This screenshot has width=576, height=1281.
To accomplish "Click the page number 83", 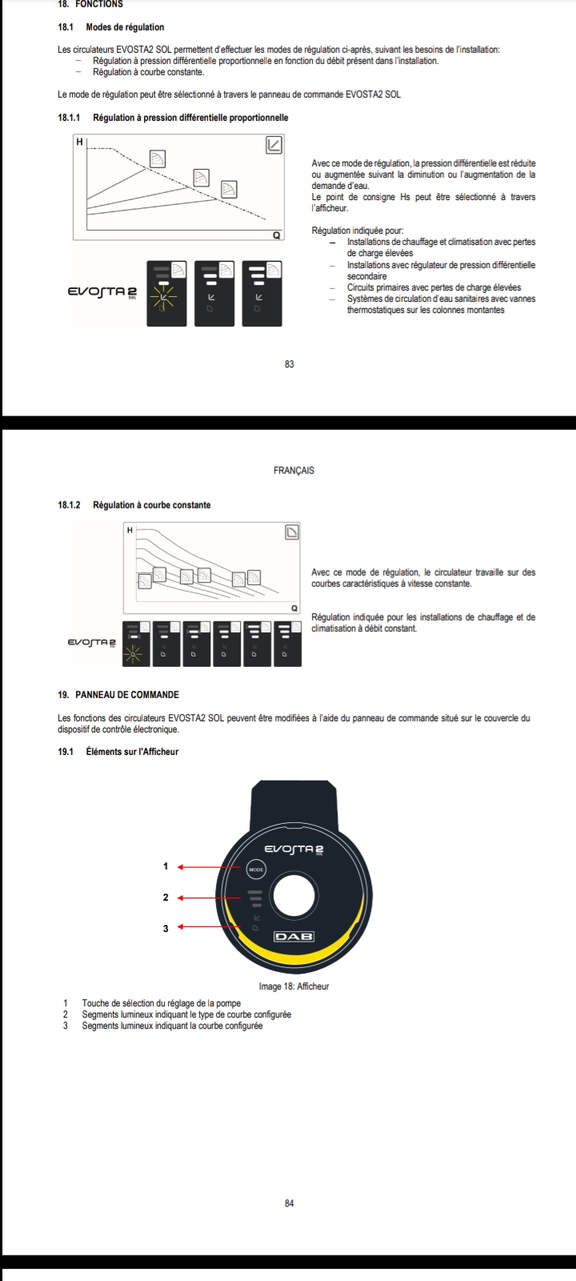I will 290,364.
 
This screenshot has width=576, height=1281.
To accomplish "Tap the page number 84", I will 290,1203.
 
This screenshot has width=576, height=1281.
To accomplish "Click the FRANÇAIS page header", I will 294,471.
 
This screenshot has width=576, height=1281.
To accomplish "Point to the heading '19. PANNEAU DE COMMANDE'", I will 118,695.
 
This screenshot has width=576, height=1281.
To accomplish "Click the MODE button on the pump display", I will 254,869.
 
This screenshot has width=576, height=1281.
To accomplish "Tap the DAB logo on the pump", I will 294,936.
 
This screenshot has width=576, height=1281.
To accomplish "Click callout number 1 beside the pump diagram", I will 166,866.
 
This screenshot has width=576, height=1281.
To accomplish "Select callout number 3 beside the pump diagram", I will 166,928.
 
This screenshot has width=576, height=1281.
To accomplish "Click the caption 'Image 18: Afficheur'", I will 294,986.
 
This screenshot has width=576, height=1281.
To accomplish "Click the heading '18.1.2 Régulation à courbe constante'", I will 134,505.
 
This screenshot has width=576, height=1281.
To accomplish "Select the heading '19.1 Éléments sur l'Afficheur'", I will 118,752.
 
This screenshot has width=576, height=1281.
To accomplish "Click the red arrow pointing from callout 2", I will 208,898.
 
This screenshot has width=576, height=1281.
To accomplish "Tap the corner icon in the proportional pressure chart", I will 274,145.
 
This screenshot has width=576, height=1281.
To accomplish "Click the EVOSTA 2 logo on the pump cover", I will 294,849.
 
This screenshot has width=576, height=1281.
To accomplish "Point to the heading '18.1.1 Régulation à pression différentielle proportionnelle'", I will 173,118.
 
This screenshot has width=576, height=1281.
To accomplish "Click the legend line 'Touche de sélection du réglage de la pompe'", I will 161,1003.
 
